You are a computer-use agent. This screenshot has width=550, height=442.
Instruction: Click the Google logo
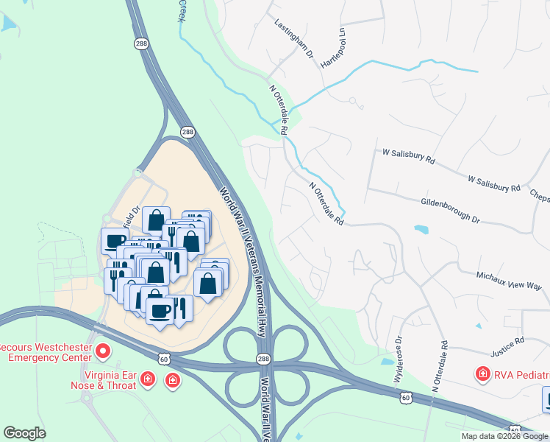(24, 432)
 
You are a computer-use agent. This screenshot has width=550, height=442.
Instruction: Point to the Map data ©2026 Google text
(504, 436)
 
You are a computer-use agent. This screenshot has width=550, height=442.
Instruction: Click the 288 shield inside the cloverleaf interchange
(263, 359)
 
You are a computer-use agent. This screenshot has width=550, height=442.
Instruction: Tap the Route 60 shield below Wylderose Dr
(406, 397)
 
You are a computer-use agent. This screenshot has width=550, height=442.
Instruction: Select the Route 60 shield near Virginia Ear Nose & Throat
(164, 357)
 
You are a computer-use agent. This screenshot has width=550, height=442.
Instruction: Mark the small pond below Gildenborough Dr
(421, 229)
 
